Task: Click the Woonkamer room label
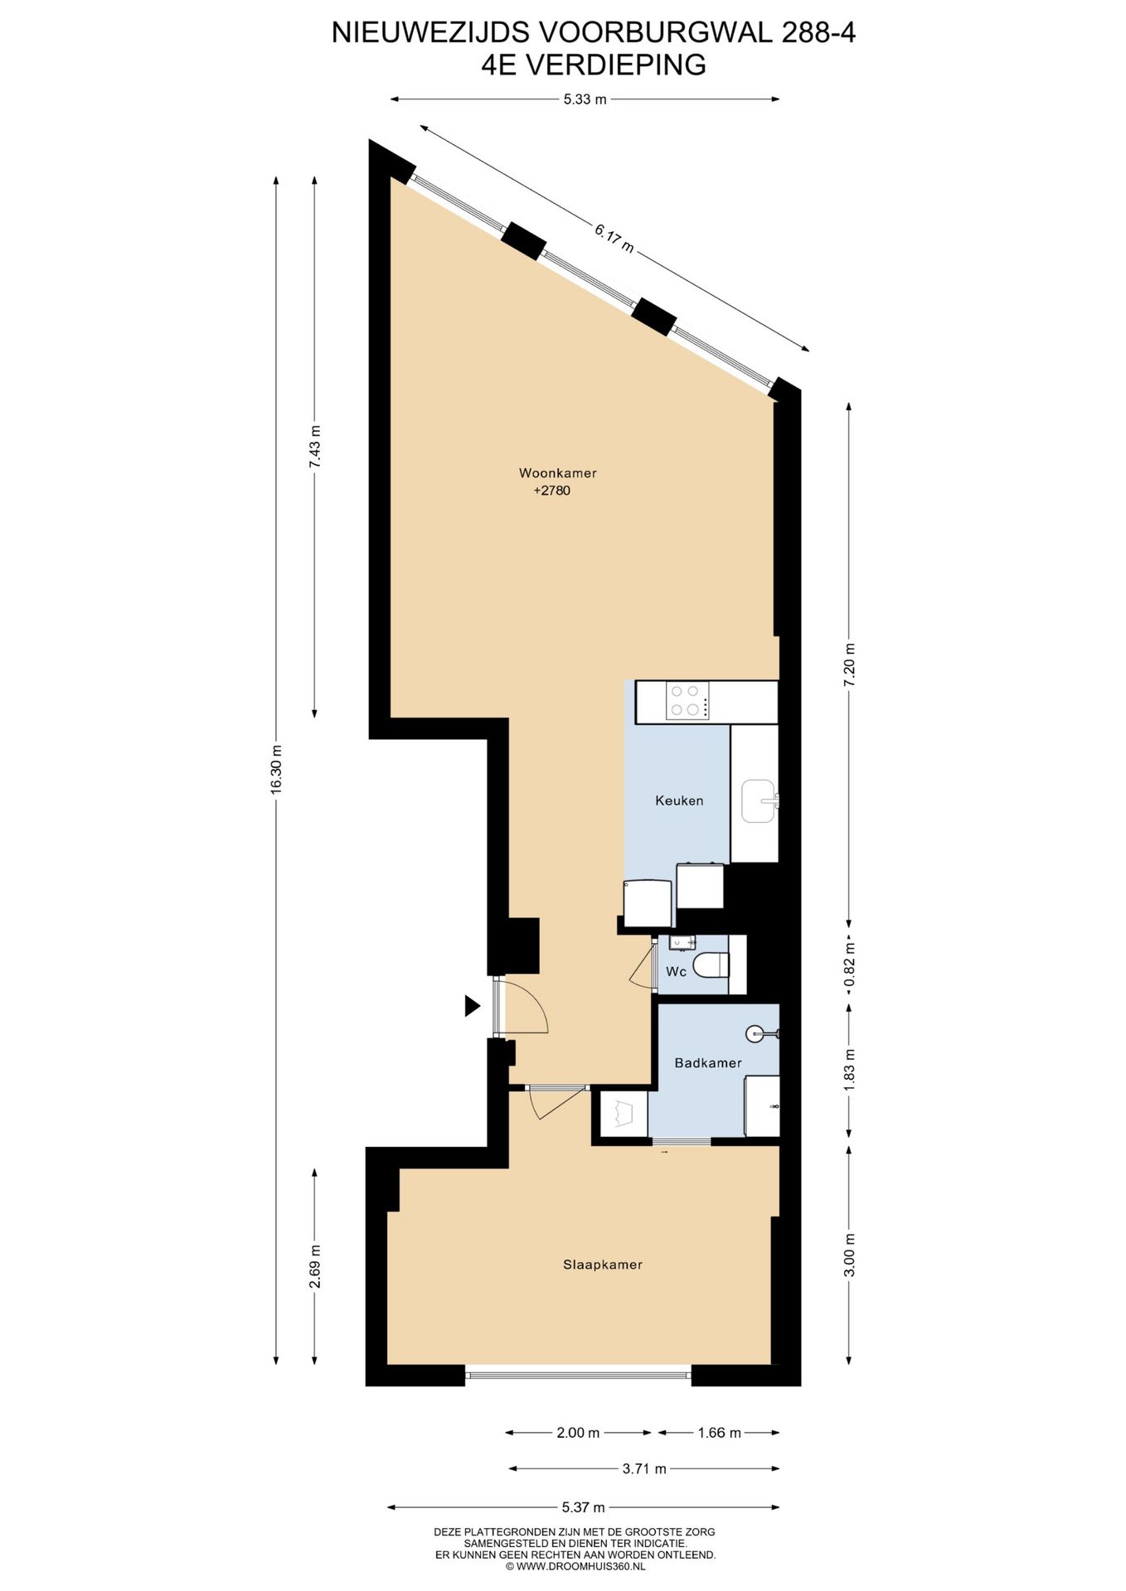click(557, 473)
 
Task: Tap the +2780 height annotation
click(551, 491)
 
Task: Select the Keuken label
click(679, 800)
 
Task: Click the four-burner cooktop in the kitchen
click(688, 700)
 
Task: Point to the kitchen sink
click(757, 800)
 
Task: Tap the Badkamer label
click(707, 1062)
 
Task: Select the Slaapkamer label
click(603, 1265)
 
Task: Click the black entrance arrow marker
click(472, 1006)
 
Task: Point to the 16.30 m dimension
click(276, 769)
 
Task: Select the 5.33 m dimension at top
click(585, 99)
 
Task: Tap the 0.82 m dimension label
click(848, 965)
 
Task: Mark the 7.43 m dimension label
click(314, 447)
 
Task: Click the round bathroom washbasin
click(755, 1033)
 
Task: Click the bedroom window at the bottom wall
click(578, 1376)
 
